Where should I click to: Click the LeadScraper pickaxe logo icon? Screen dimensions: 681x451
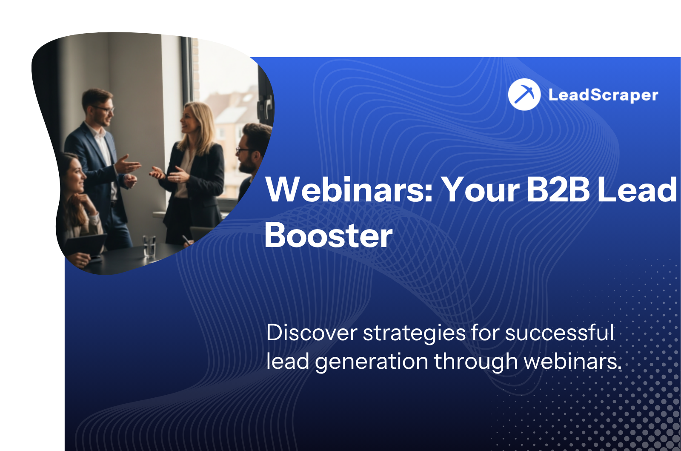pyautogui.click(x=524, y=94)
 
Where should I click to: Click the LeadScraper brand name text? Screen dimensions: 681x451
pyautogui.click(x=604, y=95)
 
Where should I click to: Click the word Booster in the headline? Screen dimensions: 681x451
pyautogui.click(x=329, y=236)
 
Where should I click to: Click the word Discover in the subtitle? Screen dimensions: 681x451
pyautogui.click(x=312, y=333)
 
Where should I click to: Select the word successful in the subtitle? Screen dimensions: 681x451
pyautogui.click(x=559, y=333)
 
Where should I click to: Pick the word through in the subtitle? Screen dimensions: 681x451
pyautogui.click(x=476, y=362)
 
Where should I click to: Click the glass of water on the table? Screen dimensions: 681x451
pyautogui.click(x=149, y=247)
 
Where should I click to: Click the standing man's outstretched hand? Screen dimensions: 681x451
pyautogui.click(x=128, y=164)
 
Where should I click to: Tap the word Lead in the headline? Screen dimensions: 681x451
pyautogui.click(x=637, y=189)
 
